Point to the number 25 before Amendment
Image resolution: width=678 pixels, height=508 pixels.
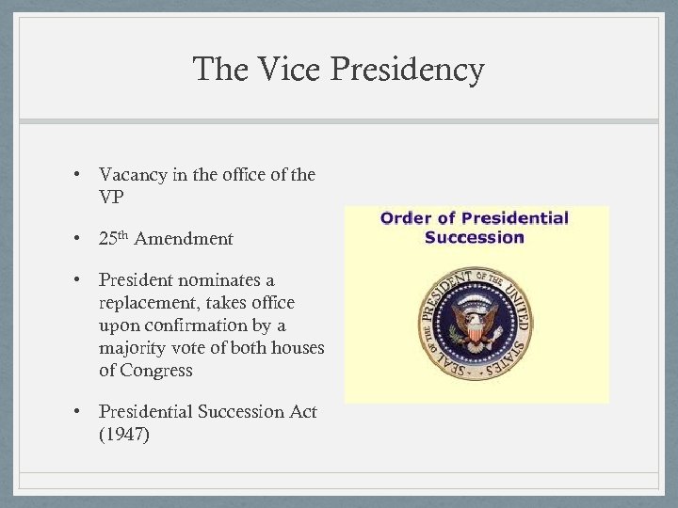point(107,239)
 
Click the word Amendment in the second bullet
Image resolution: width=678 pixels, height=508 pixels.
point(184,239)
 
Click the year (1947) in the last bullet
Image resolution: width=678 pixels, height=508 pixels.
point(124,435)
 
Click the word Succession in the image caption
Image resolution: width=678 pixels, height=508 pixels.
point(474,237)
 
